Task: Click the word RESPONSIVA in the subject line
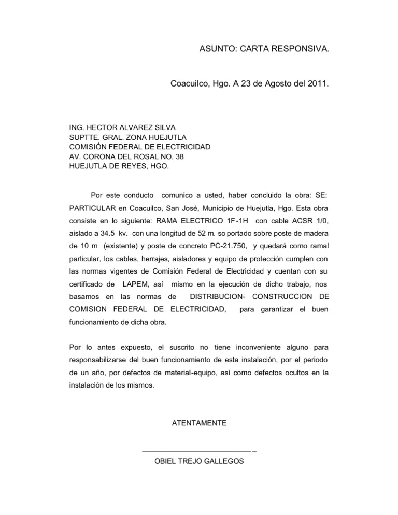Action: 299,49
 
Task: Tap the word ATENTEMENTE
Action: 198,423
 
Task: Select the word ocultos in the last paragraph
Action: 278,373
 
